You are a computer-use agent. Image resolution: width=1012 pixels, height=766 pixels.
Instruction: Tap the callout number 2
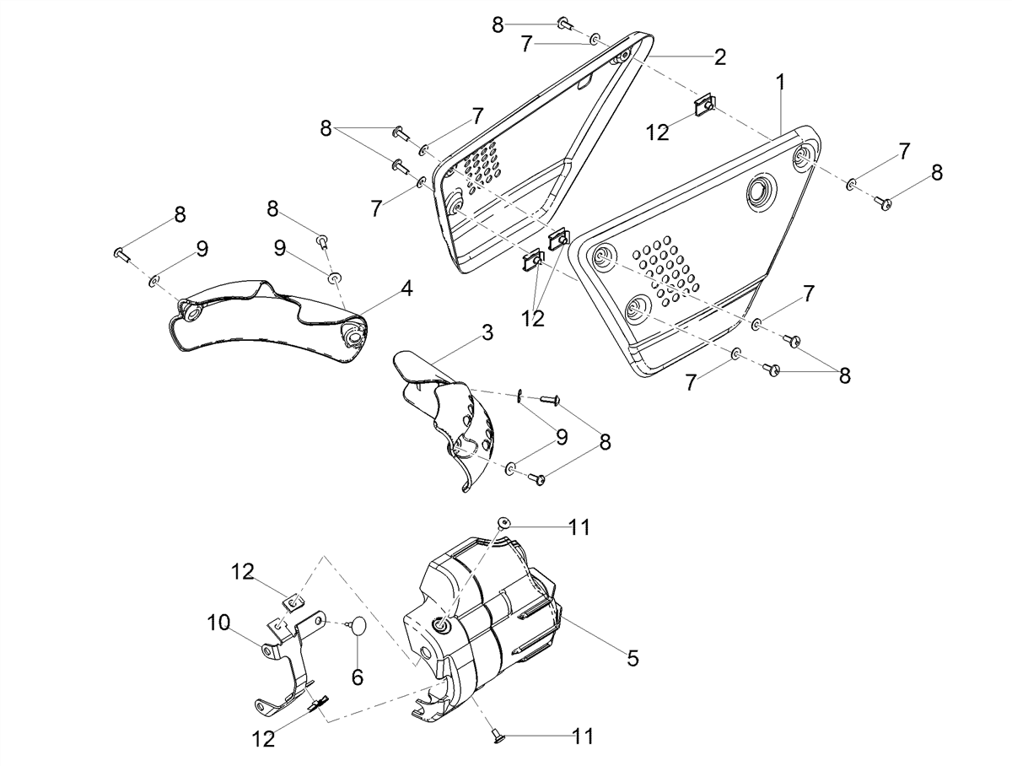pyautogui.click(x=720, y=57)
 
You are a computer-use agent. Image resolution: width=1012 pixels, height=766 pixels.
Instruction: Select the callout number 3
pyautogui.click(x=487, y=333)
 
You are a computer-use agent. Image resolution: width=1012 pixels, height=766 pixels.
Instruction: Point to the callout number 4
pyautogui.click(x=406, y=289)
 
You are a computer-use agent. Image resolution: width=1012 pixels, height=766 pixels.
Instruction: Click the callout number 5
pyautogui.click(x=633, y=658)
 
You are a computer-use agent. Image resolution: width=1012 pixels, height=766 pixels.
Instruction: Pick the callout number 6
pyautogui.click(x=358, y=677)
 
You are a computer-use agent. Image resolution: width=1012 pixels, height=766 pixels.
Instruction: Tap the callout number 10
pyautogui.click(x=218, y=623)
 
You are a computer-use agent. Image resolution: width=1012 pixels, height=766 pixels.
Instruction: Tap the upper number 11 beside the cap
pyautogui.click(x=579, y=527)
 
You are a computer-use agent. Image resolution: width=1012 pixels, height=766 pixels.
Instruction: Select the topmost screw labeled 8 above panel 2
pyautogui.click(x=565, y=22)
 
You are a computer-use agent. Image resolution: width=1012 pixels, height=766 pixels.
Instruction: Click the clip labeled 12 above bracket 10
pyautogui.click(x=294, y=602)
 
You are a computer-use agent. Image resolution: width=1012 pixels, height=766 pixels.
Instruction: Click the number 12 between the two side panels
pyautogui.click(x=532, y=318)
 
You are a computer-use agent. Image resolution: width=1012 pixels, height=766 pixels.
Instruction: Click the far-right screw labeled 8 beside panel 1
pyautogui.click(x=882, y=203)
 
